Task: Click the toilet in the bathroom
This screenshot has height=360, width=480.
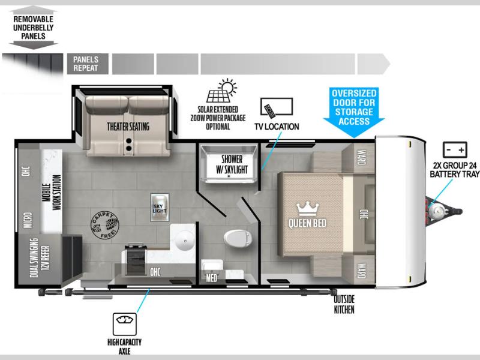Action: click(x=238, y=238)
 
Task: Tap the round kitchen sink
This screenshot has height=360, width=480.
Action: click(x=185, y=241)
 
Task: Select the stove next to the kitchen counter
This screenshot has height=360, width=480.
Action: click(x=135, y=260)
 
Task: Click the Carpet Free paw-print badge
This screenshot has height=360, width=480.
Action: click(x=104, y=226)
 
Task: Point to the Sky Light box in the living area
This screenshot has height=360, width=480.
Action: click(x=160, y=207)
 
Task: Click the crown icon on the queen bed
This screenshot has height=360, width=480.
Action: click(x=308, y=209)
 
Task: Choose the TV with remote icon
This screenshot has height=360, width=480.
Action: click(x=277, y=108)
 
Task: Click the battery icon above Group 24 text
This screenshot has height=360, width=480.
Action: click(x=455, y=149)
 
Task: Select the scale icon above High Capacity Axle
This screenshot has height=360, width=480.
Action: click(x=125, y=324)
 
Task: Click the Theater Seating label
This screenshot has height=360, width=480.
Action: click(x=128, y=127)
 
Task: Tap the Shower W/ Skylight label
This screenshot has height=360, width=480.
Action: click(x=232, y=164)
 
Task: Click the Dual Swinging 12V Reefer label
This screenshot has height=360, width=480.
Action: click(x=40, y=258)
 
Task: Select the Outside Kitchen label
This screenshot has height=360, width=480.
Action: click(x=344, y=304)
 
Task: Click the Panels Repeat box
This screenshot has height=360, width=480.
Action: click(x=88, y=64)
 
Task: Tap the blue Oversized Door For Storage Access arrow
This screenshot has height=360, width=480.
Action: click(x=354, y=112)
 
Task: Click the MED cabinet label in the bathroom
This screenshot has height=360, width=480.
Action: click(x=212, y=278)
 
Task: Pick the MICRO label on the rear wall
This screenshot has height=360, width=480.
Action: click(x=28, y=221)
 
